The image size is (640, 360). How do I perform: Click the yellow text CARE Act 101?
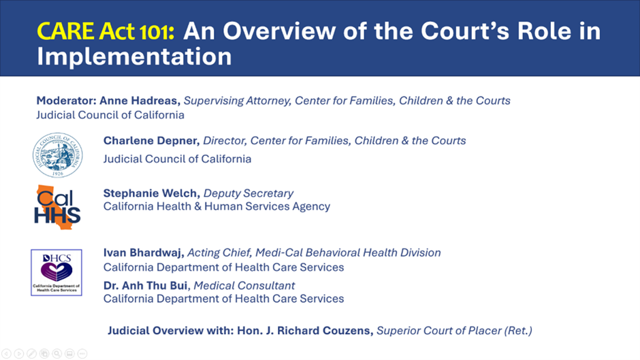tap(106, 31)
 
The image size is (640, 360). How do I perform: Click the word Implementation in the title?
tap(134, 56)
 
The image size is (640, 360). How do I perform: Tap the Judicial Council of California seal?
tap(58, 155)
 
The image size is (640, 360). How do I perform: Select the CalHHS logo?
tap(57, 207)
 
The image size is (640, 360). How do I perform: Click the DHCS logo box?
tap(57, 272)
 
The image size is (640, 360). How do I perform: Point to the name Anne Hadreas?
tap(139, 101)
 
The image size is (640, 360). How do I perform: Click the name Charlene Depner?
tap(151, 141)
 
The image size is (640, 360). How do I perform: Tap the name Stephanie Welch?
tap(151, 193)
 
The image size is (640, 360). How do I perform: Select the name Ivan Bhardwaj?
tap(143, 252)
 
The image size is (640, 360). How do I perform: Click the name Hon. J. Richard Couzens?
tap(305, 330)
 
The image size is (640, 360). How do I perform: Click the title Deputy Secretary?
tap(248, 193)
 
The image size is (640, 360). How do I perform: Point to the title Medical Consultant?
tap(244, 285)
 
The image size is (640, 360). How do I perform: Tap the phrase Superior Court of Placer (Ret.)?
tap(454, 330)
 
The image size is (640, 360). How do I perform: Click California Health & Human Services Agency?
tap(217, 206)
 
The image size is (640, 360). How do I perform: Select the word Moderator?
tap(66, 101)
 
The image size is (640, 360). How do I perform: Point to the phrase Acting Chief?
tap(219, 252)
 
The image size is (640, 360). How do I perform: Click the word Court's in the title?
tap(465, 31)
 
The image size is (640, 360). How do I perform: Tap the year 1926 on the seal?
tap(58, 174)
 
